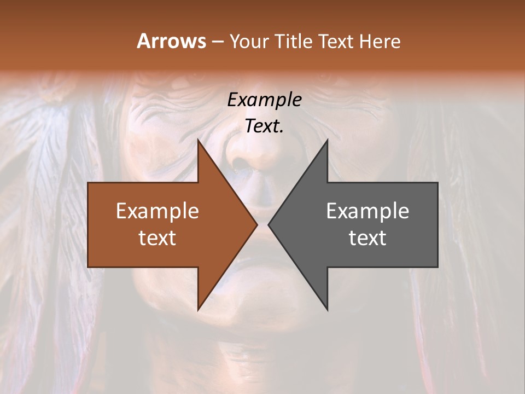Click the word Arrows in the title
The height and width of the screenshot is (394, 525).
coord(171,41)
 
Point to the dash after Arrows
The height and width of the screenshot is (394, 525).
coord(217,42)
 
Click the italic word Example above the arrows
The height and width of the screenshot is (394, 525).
coord(264,100)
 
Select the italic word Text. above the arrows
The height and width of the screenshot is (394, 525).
coord(264,126)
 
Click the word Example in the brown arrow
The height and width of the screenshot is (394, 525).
coord(157,211)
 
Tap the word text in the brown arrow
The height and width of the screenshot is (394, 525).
coord(157,237)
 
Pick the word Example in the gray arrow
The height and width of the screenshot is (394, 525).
coord(367,211)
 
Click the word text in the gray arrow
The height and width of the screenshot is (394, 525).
coord(367,237)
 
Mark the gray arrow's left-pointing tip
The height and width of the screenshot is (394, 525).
coord(269,225)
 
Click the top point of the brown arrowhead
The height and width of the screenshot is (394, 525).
coord(199,141)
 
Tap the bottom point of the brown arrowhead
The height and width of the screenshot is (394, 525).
coord(199,309)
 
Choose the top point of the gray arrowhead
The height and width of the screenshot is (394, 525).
coord(327,141)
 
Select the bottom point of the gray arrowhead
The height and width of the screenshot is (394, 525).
coord(327,309)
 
